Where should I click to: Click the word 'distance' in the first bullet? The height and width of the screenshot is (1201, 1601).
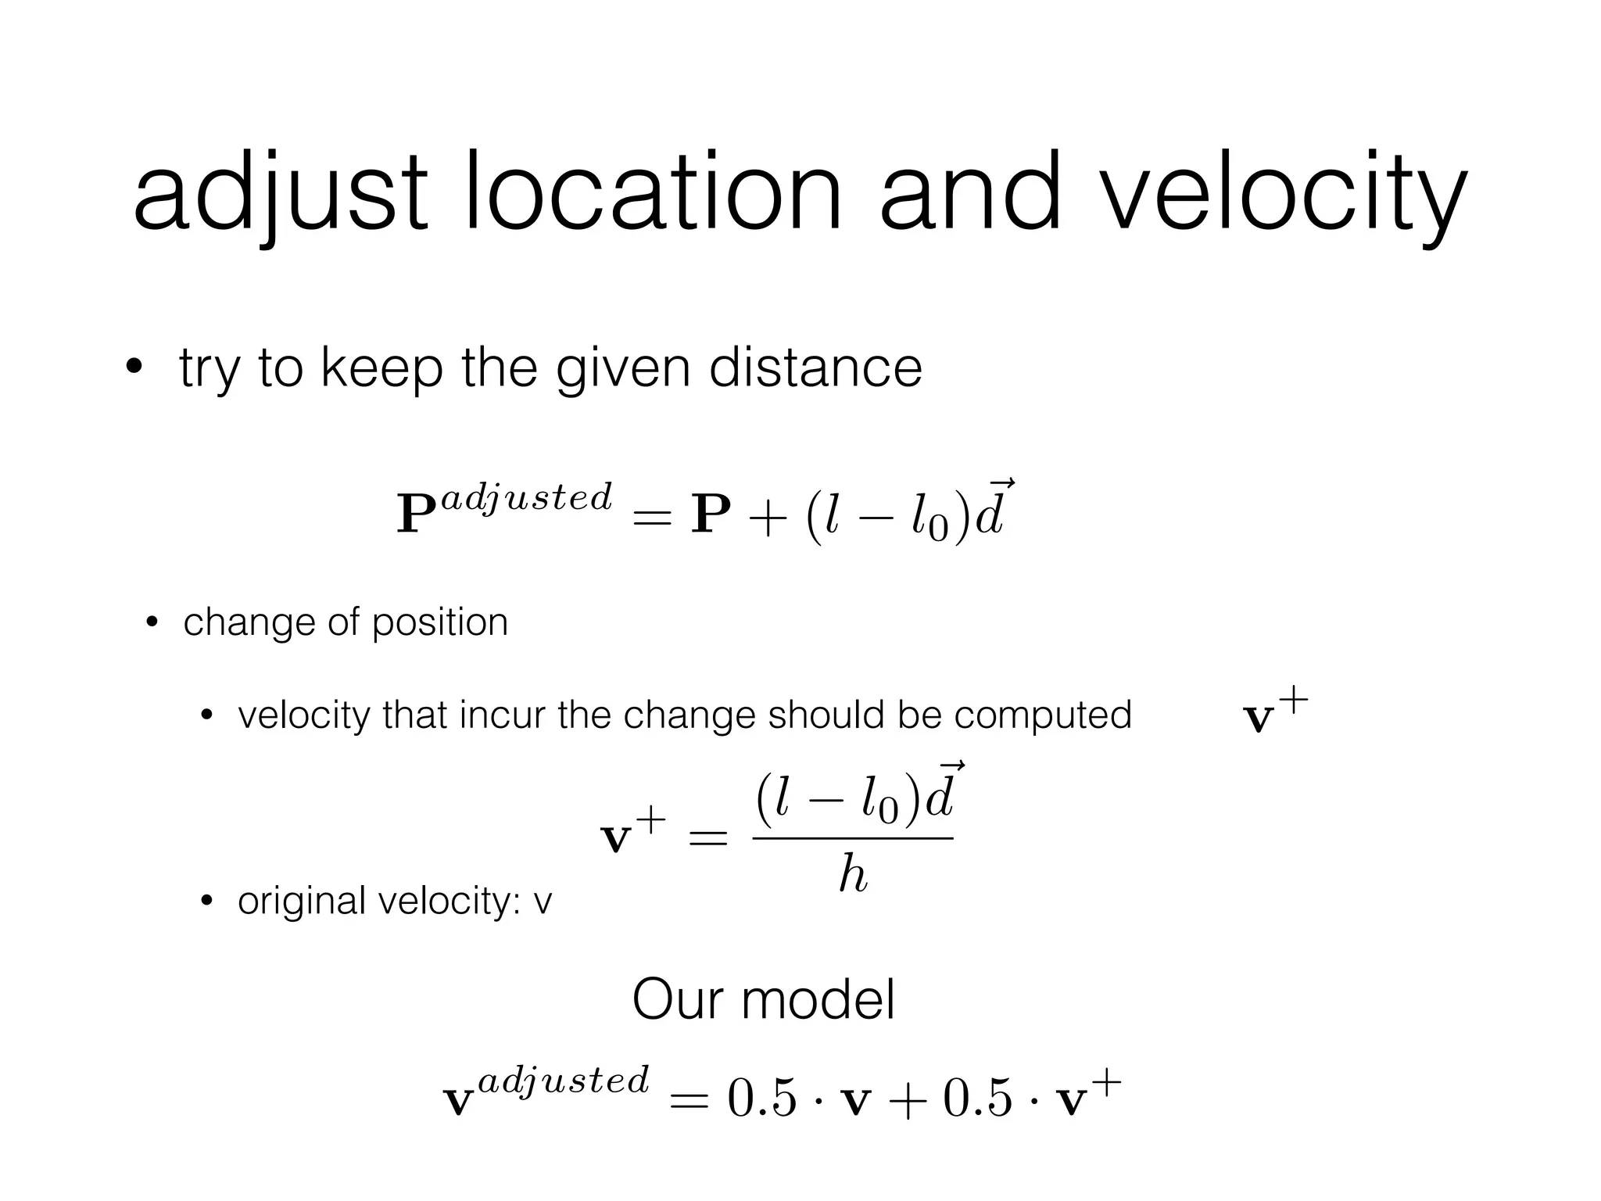click(815, 367)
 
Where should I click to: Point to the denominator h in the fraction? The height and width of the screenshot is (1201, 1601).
click(852, 873)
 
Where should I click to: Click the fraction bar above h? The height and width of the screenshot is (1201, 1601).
click(852, 839)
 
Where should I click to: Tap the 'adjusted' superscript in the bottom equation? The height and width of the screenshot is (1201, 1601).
click(563, 1080)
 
